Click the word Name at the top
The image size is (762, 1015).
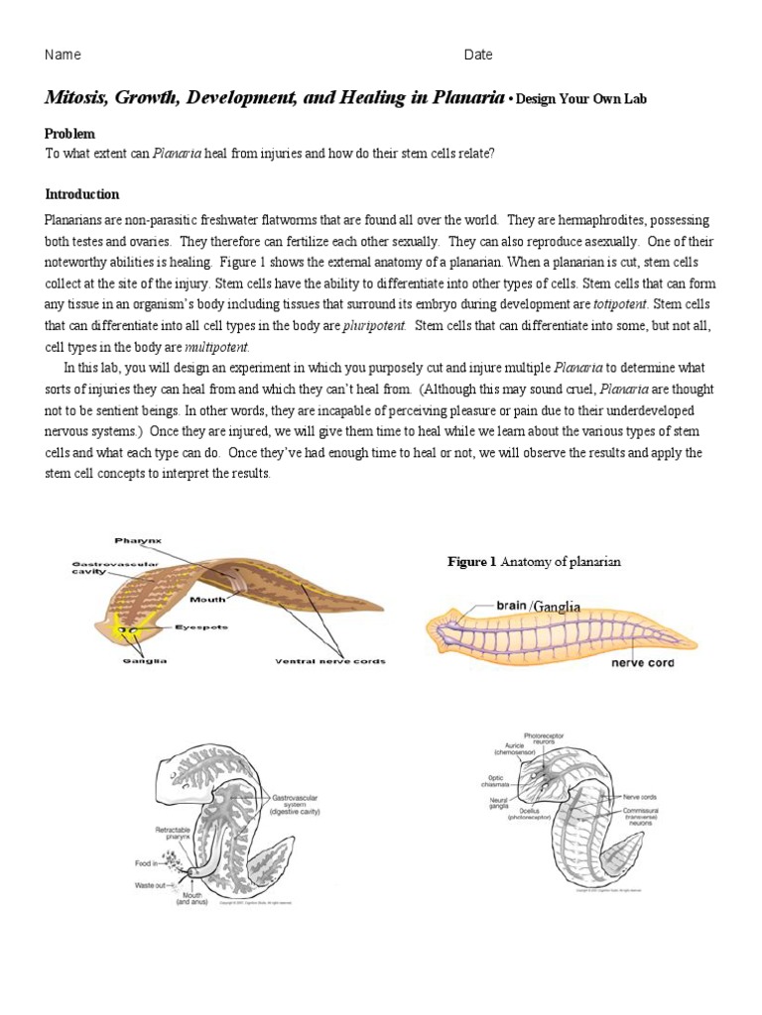[x=63, y=55]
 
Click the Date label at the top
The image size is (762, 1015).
[x=478, y=55]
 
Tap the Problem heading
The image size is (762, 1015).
[x=70, y=133]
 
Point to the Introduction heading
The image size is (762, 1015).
[x=82, y=194]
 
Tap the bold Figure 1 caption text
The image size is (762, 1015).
[x=471, y=562]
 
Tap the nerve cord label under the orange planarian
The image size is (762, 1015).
[x=641, y=662]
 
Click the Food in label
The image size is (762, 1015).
[x=149, y=863]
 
